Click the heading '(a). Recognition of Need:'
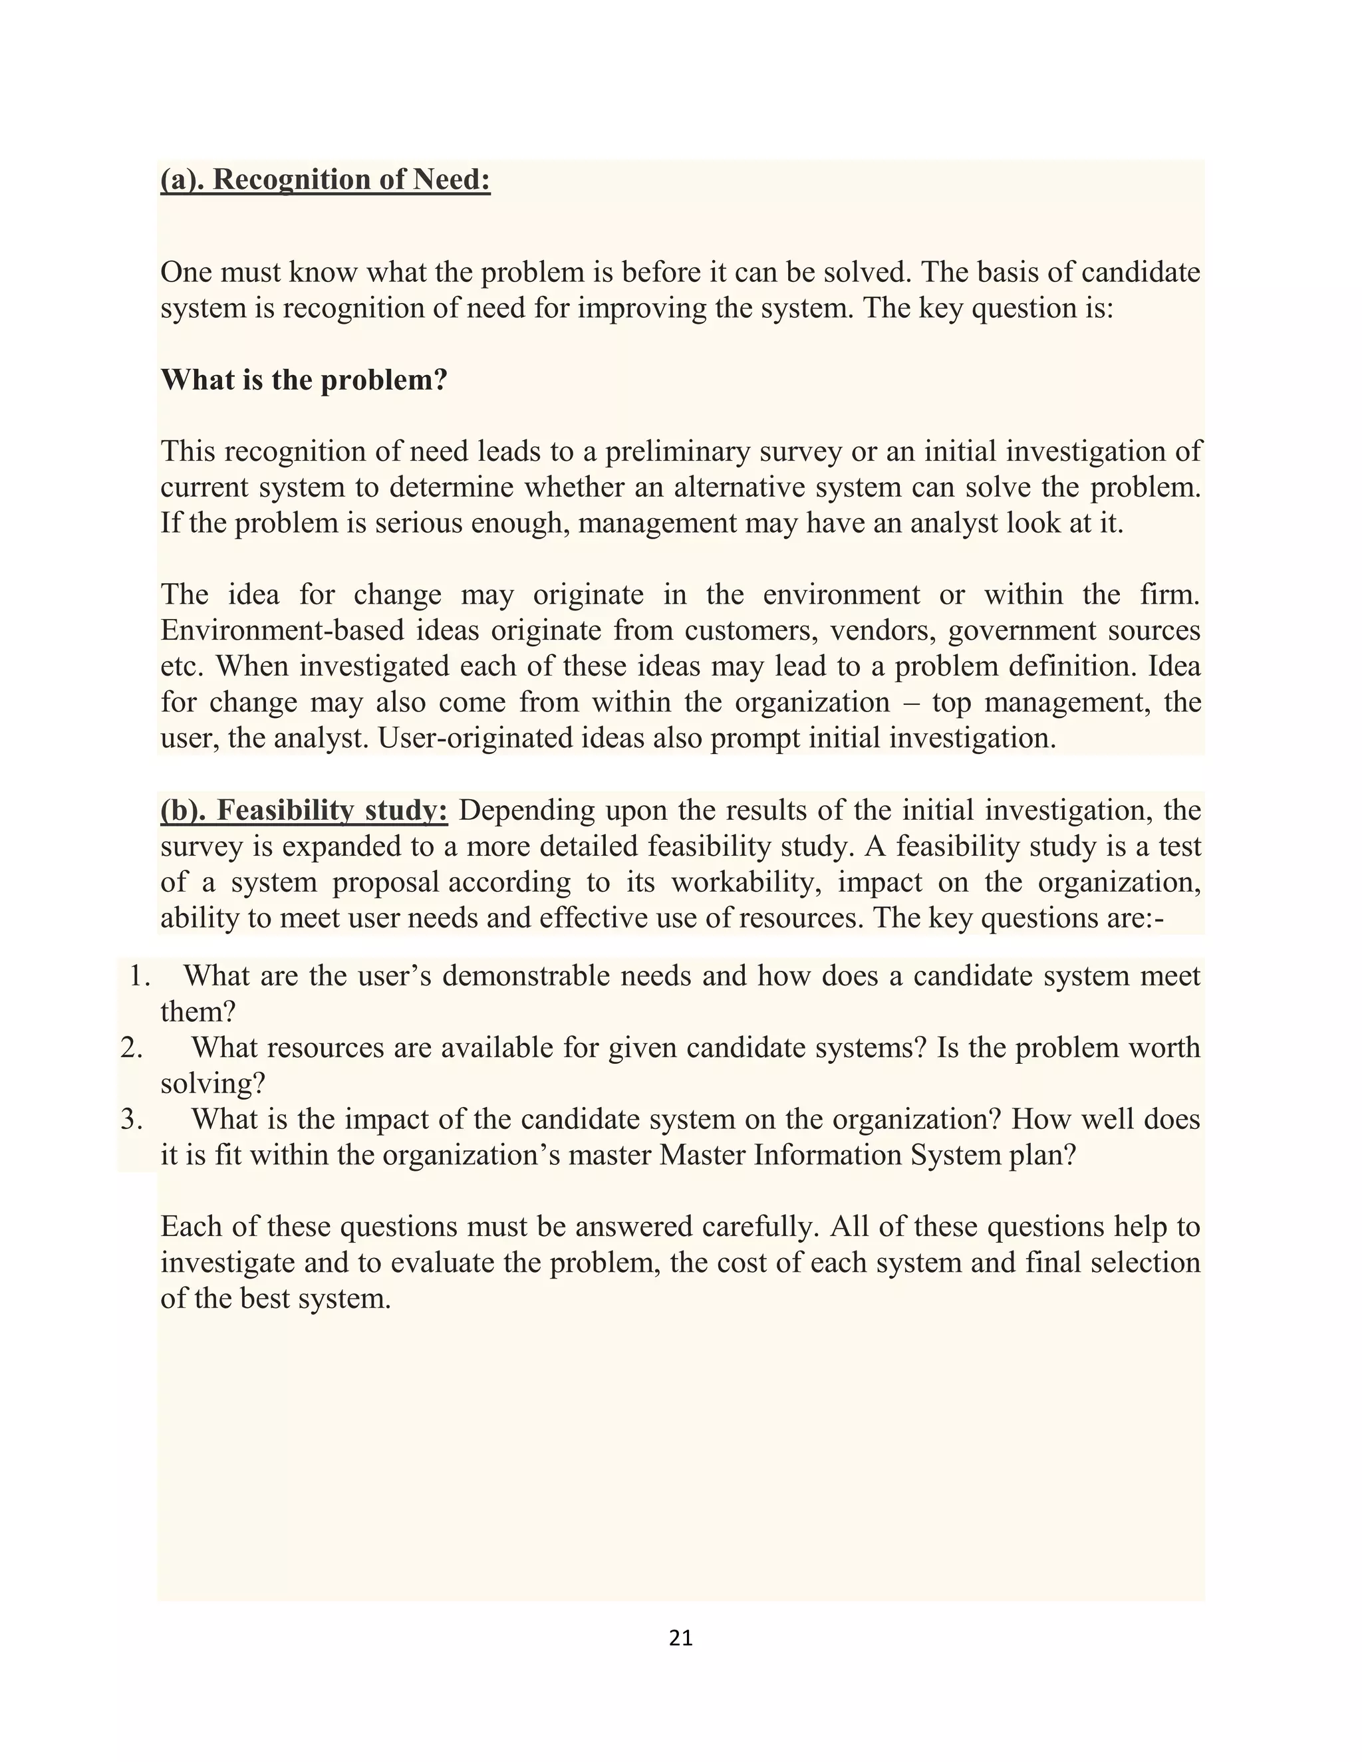pos(325,179)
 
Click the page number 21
pos(680,1638)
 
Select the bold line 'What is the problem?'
pos(303,380)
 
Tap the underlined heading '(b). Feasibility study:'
pos(303,810)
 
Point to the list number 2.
pos(132,1048)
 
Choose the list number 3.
pos(132,1120)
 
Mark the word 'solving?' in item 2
pos(213,1084)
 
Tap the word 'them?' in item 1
pos(198,1012)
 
